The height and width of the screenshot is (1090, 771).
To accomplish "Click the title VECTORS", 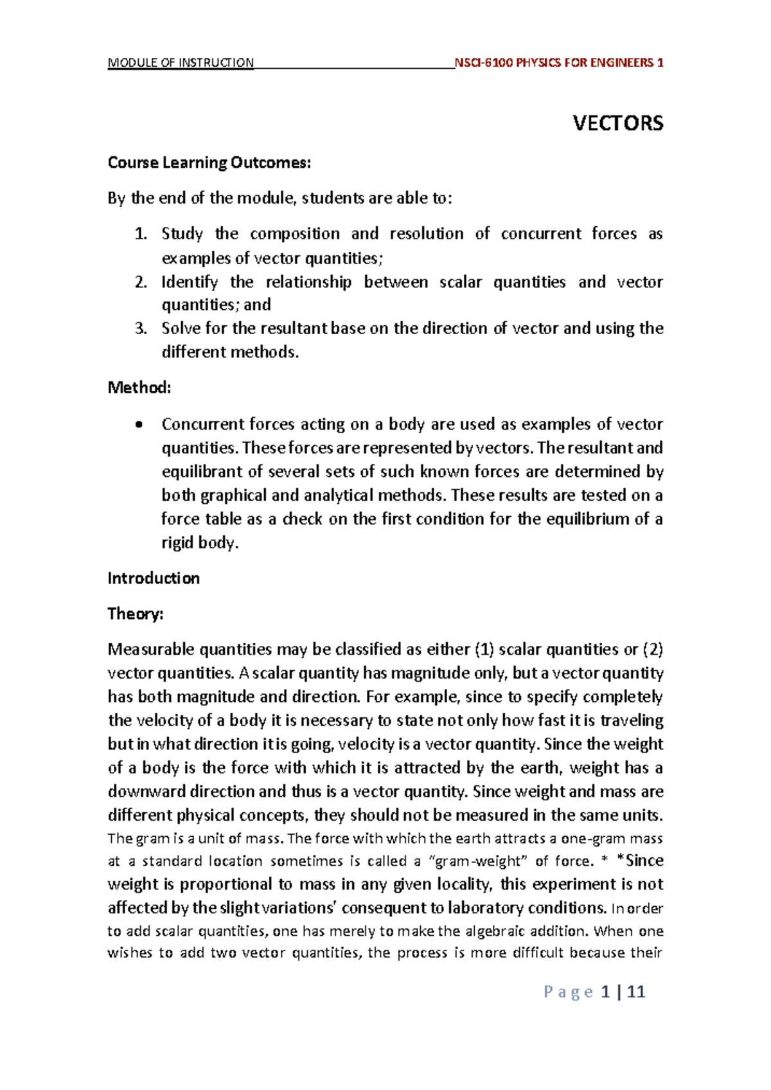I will click(x=617, y=123).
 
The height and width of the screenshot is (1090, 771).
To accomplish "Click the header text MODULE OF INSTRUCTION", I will click(x=181, y=63).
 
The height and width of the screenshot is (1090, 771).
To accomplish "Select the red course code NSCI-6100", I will click(x=483, y=63).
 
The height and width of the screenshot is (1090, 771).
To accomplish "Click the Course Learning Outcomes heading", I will click(x=209, y=163).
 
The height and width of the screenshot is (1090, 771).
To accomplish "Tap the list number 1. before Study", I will click(x=141, y=234).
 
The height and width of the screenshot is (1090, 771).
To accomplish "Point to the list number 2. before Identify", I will click(x=141, y=282).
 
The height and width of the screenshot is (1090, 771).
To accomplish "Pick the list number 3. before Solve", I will click(x=141, y=329).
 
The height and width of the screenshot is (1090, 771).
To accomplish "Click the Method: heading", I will click(x=139, y=388).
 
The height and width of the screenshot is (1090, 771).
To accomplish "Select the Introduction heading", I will click(x=154, y=578).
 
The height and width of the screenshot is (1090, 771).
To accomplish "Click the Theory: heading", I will click(x=136, y=614).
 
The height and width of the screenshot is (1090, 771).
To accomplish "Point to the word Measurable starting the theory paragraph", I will click(x=151, y=650).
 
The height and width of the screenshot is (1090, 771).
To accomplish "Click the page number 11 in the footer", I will click(x=636, y=992).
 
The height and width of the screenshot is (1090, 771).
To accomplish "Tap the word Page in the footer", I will click(x=568, y=992).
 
